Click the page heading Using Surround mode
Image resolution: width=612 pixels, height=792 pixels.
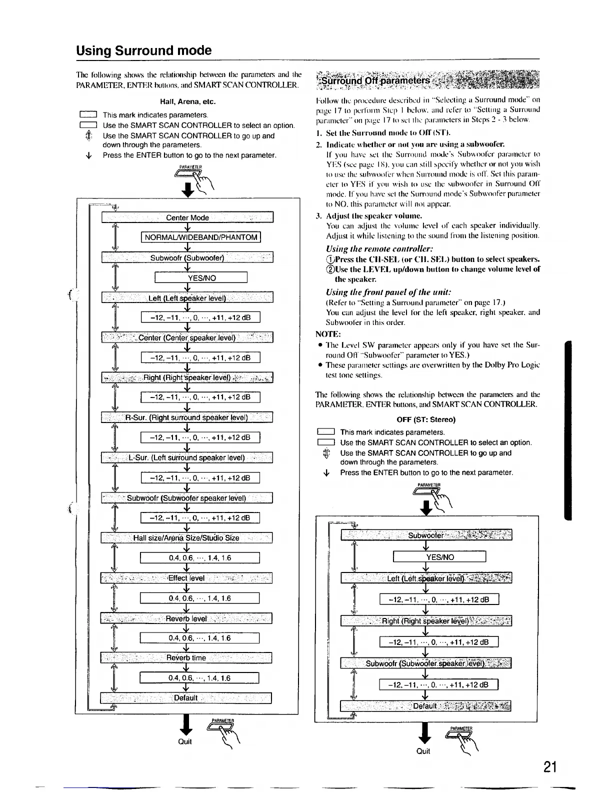coord(144,50)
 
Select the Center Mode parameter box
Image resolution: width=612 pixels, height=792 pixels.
coord(187,217)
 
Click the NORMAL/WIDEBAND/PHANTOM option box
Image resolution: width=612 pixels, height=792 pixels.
coord(201,237)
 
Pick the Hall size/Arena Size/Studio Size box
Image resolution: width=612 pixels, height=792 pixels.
coord(186,538)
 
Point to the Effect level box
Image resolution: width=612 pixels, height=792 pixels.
coord(186,578)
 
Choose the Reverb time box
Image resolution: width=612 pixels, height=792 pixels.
coord(186,657)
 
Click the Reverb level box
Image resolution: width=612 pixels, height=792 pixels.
coord(186,618)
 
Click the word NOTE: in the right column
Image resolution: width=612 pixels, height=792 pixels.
coord(328,333)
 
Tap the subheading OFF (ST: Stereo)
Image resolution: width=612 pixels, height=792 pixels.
coord(426,419)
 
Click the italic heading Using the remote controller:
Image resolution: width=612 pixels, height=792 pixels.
coord(379,248)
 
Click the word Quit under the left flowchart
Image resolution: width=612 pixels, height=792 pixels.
coord(185,741)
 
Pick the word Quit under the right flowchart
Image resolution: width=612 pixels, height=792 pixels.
coord(423,751)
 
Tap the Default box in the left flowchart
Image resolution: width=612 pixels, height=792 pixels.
coord(186,697)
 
